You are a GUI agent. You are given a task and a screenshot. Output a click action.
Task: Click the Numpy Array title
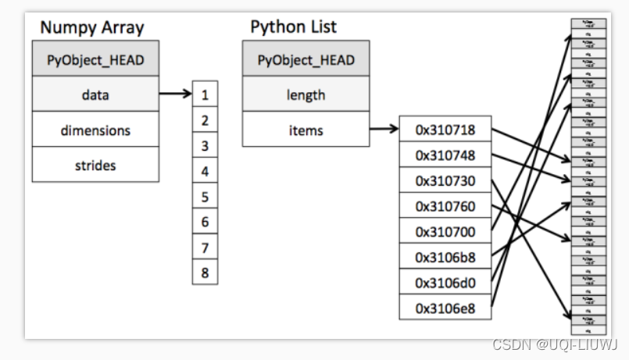92,27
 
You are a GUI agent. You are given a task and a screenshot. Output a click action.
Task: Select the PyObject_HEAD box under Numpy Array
95,60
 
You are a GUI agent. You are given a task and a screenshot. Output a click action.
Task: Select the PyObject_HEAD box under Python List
306,60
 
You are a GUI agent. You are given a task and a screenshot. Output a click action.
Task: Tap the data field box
95,94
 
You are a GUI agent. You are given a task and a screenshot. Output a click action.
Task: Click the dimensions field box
95,130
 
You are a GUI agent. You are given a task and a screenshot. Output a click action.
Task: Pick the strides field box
95,165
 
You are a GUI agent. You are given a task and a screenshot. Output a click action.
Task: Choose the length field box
306,94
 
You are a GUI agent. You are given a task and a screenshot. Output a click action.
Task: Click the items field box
306,130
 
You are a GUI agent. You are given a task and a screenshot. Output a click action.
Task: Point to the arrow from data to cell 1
175,94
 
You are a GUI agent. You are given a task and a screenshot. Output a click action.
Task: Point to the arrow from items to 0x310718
384,130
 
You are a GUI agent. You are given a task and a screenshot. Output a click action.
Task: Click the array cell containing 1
205,94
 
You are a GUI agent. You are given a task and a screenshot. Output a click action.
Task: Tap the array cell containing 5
205,196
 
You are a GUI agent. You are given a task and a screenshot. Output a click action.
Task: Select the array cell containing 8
205,273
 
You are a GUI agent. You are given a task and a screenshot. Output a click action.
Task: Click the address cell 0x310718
445,130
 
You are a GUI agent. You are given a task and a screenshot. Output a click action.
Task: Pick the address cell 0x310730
445,180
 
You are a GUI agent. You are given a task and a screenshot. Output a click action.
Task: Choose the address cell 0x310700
445,231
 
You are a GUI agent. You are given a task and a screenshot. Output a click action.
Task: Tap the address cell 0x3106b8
445,256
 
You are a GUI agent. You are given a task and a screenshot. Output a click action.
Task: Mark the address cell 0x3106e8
445,307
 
